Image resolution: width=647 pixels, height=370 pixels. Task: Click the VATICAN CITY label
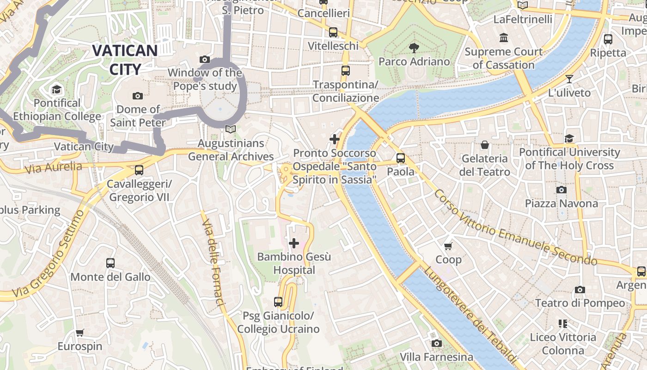point(125,59)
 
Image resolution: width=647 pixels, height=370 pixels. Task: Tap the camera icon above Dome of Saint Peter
point(137,96)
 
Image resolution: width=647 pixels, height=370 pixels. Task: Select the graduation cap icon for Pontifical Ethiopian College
point(56,89)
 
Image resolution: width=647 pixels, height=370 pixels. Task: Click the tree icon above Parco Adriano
point(414,48)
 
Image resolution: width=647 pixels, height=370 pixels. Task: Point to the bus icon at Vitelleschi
point(333,32)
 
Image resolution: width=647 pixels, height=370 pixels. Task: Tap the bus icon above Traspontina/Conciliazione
point(345,71)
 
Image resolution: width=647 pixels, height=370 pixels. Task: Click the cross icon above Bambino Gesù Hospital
point(293,243)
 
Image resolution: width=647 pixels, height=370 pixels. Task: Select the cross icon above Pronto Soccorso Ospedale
point(334,139)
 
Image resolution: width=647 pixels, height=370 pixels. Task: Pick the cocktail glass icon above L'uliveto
point(569,79)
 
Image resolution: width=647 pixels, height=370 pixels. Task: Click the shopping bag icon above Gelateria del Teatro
point(484,145)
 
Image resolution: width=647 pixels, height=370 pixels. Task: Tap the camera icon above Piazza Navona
point(561,190)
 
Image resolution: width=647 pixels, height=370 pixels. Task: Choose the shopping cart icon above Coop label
point(448,246)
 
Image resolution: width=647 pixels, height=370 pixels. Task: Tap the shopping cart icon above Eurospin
point(79,333)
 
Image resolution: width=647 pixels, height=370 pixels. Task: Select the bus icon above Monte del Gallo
point(110,263)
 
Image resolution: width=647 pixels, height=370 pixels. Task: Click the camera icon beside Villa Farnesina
point(436,343)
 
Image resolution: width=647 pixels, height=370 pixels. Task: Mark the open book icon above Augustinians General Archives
point(231,129)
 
